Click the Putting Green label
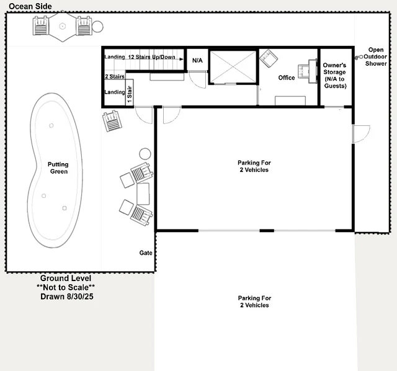click(58, 168)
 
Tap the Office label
click(287, 78)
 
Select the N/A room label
click(197, 61)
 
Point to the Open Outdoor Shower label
click(376, 56)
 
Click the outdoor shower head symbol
click(359, 58)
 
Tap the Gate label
click(146, 253)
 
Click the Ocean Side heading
click(30, 6)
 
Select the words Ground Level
click(66, 278)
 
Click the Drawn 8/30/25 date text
click(67, 297)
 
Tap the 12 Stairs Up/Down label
click(151, 57)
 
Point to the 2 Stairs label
click(115, 76)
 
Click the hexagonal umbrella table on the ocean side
click(62, 27)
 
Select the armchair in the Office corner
click(269, 58)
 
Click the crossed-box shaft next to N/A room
click(233, 66)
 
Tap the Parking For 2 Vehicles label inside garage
click(254, 166)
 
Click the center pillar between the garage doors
click(267, 230)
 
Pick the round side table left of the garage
click(145, 154)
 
